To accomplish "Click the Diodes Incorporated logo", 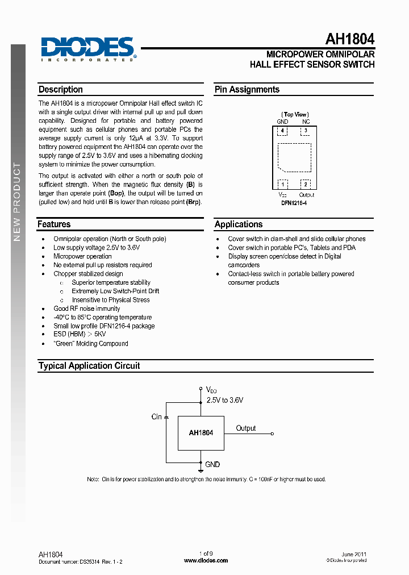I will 87,48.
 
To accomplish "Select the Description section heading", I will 60,90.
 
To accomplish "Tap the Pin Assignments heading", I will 247,90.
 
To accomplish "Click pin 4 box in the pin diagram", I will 282,131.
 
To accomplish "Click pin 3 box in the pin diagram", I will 306,131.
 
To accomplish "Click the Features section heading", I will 54,224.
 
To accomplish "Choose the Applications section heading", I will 239,224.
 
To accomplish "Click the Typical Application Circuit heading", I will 89,366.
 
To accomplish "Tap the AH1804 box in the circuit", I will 201,433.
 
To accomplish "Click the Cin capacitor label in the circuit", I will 157,417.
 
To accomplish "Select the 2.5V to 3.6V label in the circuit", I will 224,401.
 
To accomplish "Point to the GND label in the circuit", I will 212,465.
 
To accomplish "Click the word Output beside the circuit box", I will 246,428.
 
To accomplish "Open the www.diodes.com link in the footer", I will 206,560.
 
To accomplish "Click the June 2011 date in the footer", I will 353,554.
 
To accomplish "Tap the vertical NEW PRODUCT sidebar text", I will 17,202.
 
